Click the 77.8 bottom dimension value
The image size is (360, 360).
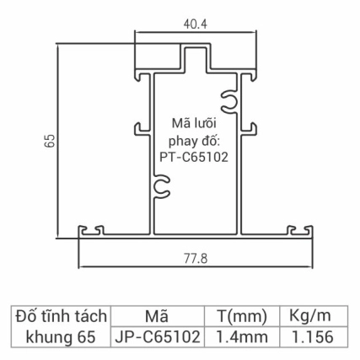196,258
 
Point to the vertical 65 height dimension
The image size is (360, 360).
50,140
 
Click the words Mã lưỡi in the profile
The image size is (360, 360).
194,124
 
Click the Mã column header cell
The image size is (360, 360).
157,317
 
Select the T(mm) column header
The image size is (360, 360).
240,317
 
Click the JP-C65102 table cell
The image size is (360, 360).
157,337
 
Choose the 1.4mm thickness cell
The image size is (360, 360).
240,337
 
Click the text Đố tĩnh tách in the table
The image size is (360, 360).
61,317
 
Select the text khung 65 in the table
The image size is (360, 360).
61,337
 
